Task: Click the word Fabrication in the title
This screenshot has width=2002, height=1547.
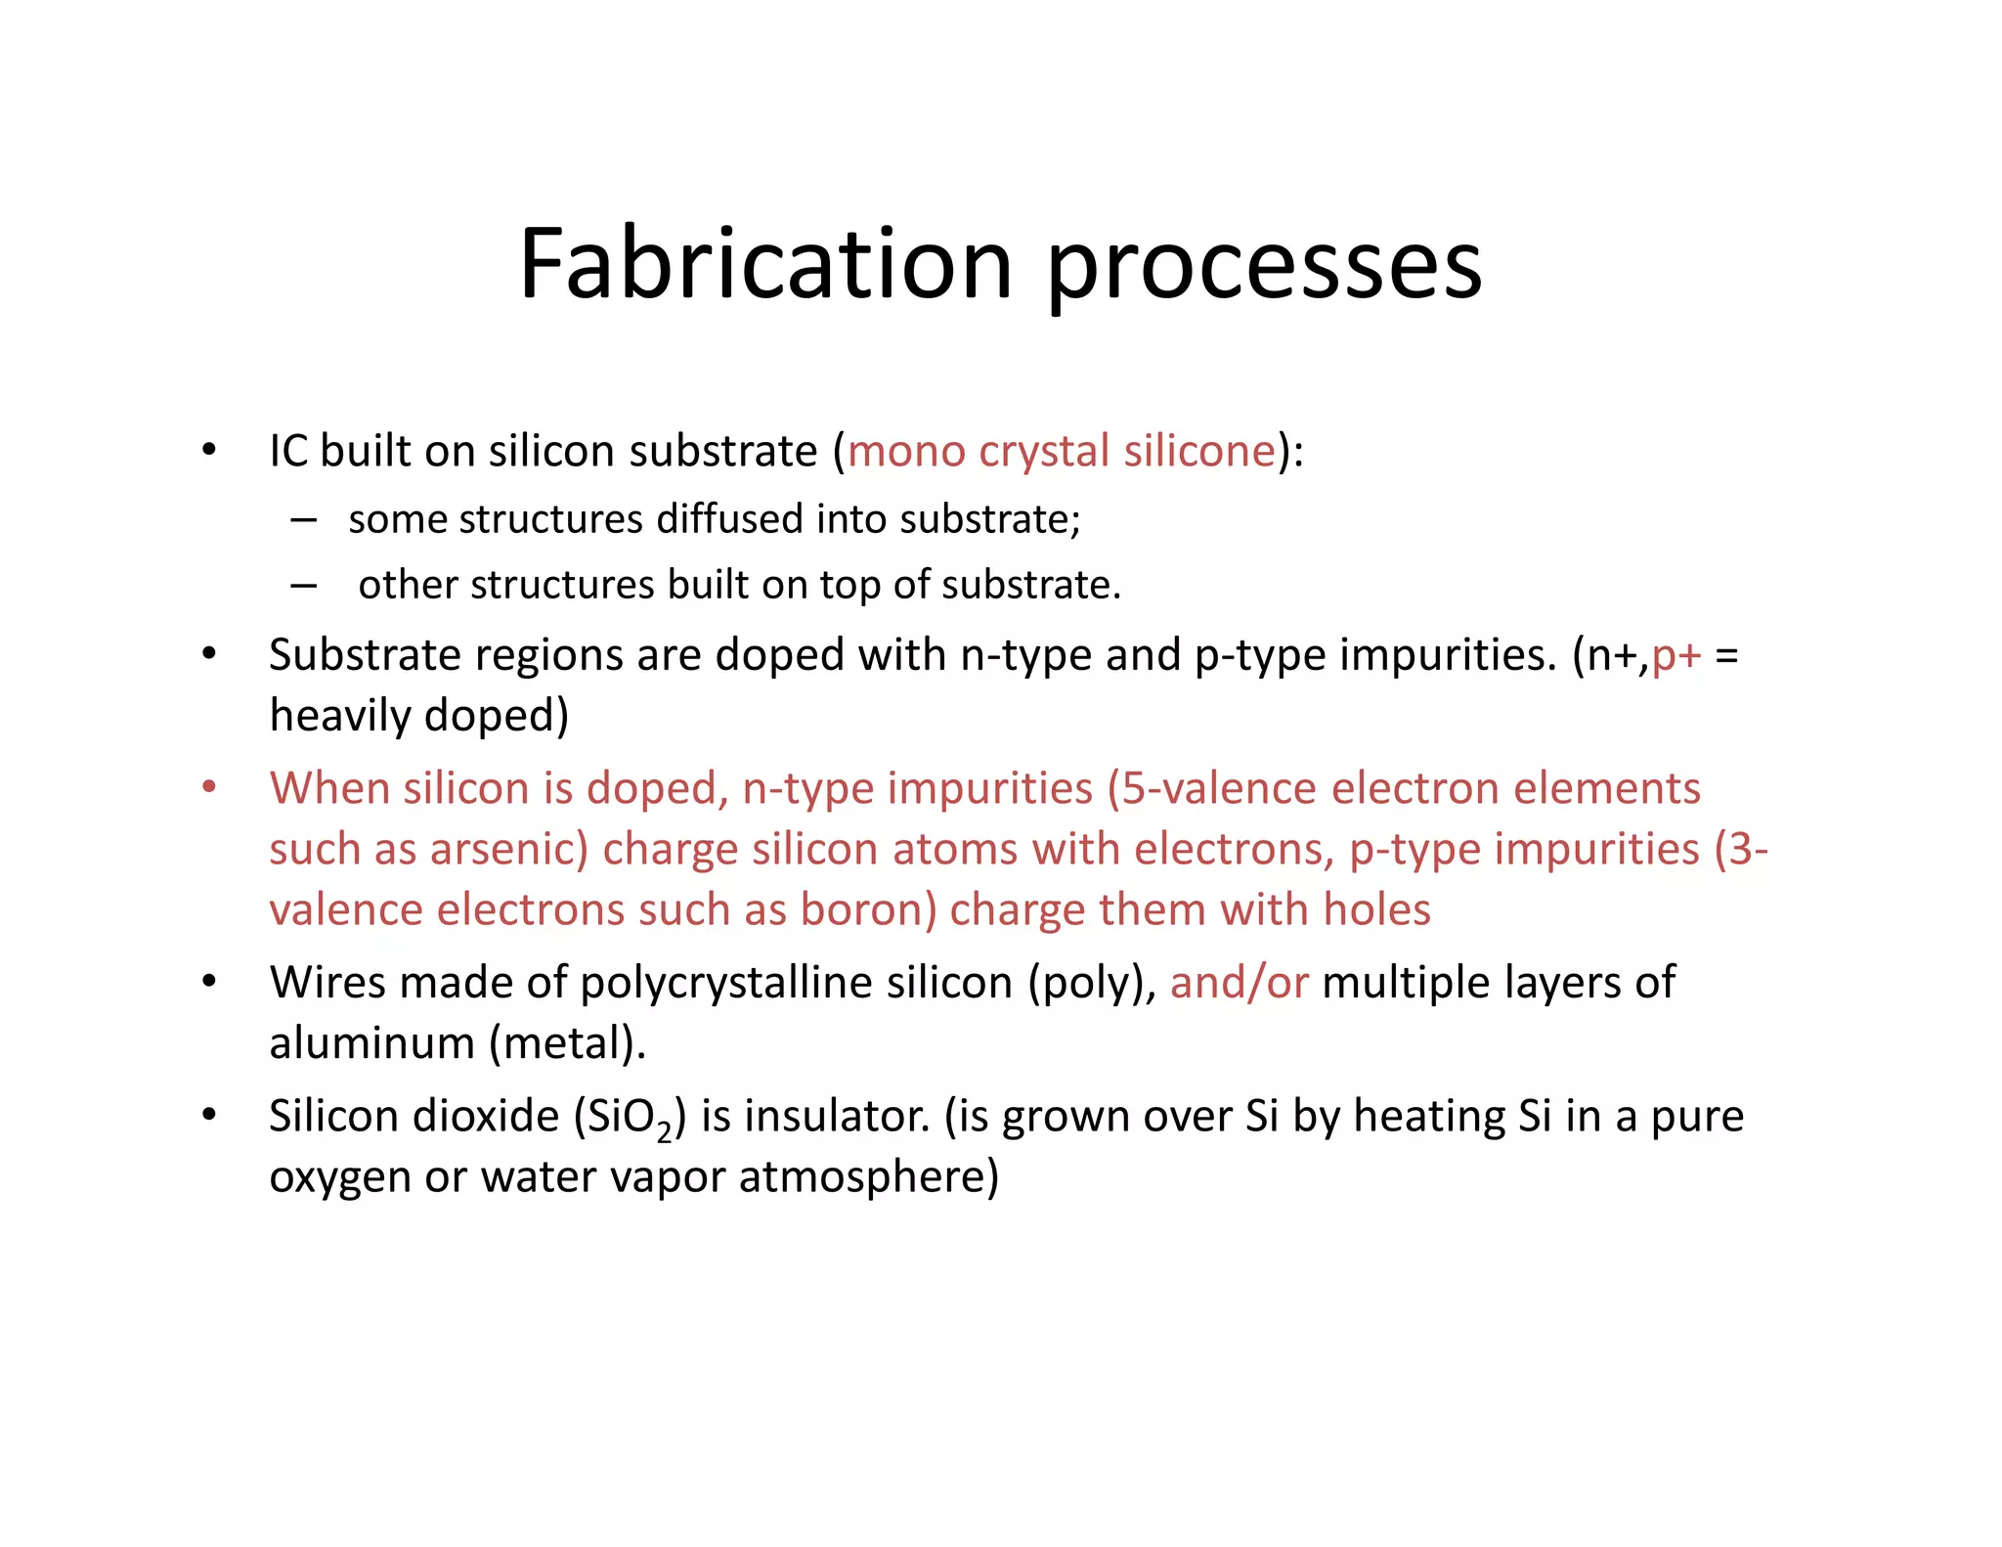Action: [765, 264]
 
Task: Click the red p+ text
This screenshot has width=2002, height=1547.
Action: [1676, 655]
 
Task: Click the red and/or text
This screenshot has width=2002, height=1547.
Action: [1239, 983]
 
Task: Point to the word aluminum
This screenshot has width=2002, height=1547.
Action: [372, 1043]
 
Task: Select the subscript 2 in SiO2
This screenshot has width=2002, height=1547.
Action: [665, 1130]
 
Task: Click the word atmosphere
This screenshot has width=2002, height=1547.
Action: [869, 1176]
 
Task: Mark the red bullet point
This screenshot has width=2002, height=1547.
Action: [208, 788]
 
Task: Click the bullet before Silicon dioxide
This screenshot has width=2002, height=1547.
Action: [208, 1116]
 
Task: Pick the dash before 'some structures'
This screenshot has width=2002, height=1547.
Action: [303, 519]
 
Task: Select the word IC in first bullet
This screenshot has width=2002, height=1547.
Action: [288, 451]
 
